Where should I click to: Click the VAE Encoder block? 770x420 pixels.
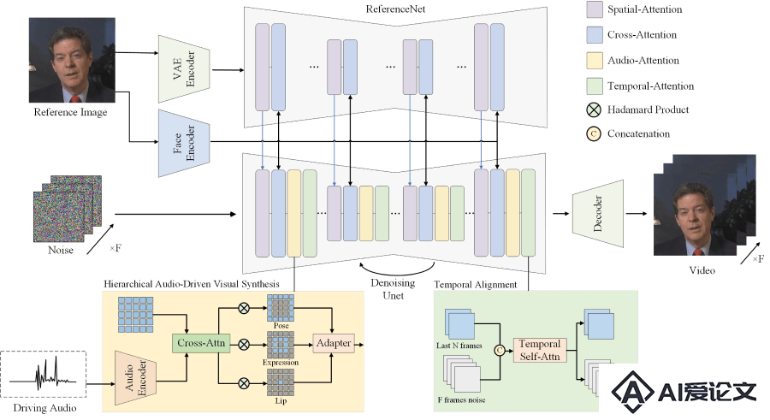tap(184, 69)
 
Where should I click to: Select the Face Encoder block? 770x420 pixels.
tap(184, 143)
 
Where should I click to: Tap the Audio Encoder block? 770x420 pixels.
tap(135, 378)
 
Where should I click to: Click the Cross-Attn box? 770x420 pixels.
tap(201, 343)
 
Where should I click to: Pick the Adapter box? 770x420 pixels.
tap(334, 343)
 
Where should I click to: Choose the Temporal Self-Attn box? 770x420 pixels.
tap(540, 350)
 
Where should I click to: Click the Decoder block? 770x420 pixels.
tap(598, 214)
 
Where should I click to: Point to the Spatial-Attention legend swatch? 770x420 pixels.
tap(595, 9)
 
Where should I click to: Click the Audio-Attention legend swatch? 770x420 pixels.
tap(595, 61)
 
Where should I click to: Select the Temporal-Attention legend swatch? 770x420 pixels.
tap(595, 86)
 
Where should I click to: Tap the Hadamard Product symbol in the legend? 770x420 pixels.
tap(594, 109)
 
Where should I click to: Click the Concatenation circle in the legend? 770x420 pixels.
tap(594, 133)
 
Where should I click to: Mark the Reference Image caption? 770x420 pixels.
tap(70, 112)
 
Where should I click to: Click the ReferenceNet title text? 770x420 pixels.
tap(395, 9)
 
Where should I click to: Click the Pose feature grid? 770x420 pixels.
tap(281, 308)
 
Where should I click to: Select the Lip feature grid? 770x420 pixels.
tap(281, 382)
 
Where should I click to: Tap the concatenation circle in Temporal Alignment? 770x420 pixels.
tap(500, 350)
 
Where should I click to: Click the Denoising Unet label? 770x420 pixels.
tap(393, 289)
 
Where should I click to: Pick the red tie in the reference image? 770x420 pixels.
tap(75, 99)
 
